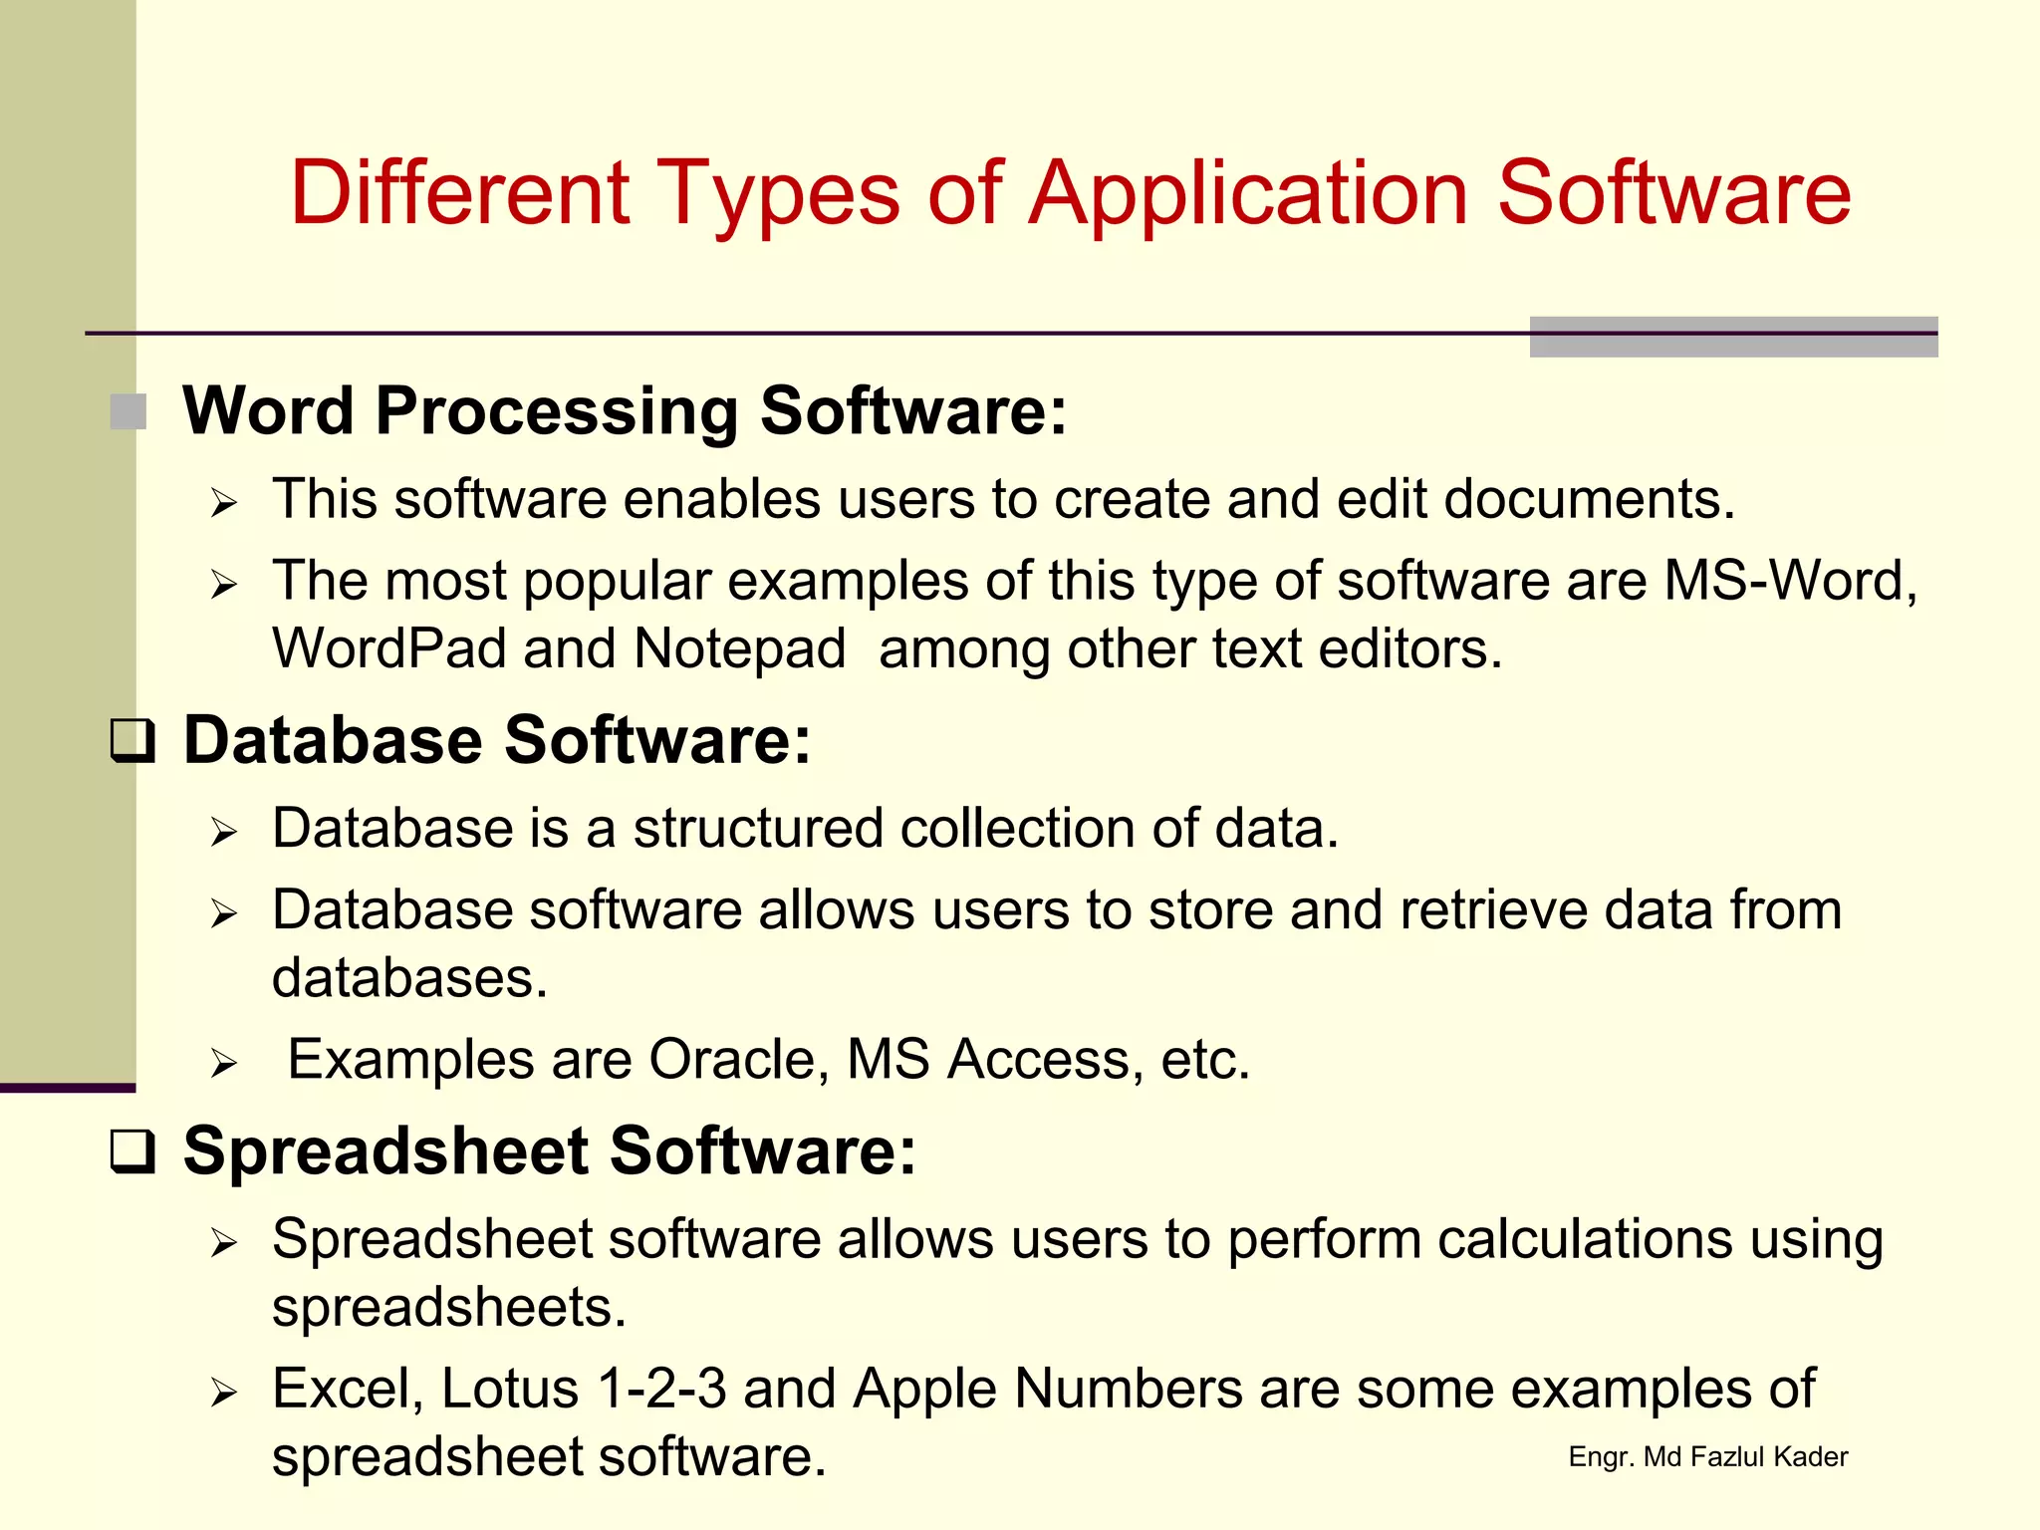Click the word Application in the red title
coord(1248,195)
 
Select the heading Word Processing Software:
coord(625,410)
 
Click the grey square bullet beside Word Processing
coord(128,411)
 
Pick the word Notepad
coord(739,649)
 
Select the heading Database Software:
coord(497,740)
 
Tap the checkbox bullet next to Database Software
coord(131,741)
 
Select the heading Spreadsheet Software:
coord(549,1150)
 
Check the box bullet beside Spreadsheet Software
coord(131,1151)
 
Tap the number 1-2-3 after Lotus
coord(661,1389)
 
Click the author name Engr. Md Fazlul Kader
coord(1707,1457)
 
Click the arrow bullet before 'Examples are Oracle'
coord(224,1064)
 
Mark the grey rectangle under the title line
coord(1733,338)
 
